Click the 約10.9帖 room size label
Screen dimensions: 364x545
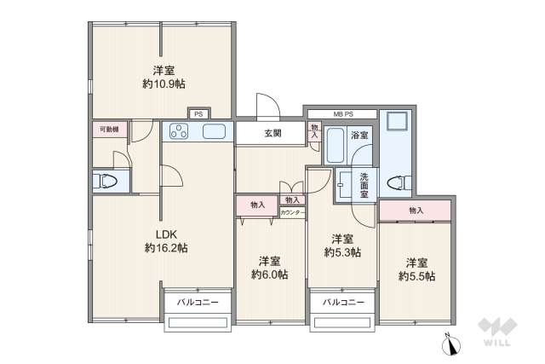click(163, 84)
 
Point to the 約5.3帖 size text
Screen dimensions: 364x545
click(342, 252)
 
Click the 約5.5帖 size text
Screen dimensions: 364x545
click(416, 276)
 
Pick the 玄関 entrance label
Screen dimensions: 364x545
click(272, 133)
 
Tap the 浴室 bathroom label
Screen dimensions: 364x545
click(359, 136)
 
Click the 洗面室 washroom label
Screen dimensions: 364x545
click(364, 185)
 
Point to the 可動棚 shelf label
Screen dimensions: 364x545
click(108, 129)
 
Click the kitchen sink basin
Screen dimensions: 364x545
click(214, 131)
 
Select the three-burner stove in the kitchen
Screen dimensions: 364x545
click(182, 131)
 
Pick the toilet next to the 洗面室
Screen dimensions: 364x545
click(395, 182)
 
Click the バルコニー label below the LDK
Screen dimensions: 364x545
click(198, 302)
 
